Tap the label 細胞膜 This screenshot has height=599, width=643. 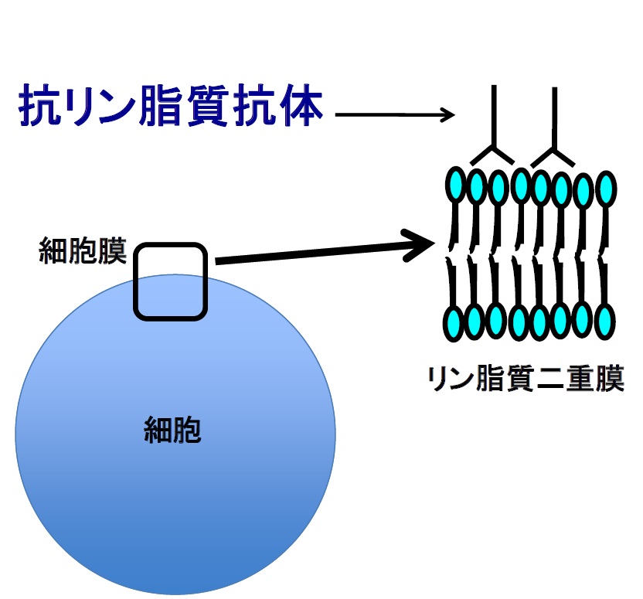coord(83,250)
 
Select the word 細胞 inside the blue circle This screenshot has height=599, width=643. coord(172,429)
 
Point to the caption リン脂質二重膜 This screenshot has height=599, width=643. coord(526,378)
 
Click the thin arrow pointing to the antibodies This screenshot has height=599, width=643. coord(395,114)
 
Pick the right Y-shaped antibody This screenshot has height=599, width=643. coord(554,135)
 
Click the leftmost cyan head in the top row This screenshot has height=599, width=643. coord(456,185)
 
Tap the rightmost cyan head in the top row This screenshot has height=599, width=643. coord(606,189)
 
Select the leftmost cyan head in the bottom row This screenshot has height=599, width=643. coord(454,323)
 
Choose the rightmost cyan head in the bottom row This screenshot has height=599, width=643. coord(604,322)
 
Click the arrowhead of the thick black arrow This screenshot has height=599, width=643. coord(420,245)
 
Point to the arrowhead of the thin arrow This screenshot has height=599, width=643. coord(447,114)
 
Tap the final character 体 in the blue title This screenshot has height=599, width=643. coord(302,104)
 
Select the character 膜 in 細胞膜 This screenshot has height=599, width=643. coord(112,250)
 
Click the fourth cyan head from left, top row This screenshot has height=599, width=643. coord(521,185)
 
